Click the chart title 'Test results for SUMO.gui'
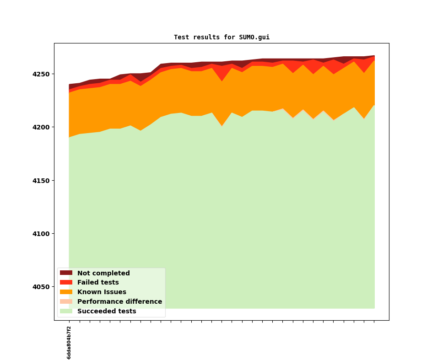point(221,38)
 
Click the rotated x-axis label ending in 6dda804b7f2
point(69,343)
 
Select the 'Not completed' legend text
point(103,273)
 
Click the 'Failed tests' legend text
point(98,283)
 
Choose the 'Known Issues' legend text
point(102,292)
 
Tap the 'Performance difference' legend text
point(119,302)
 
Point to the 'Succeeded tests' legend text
point(107,312)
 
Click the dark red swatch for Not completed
point(66,273)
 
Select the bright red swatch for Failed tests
point(66,283)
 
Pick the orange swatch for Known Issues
point(66,292)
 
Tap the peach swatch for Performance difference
point(66,302)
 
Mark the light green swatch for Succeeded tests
point(66,312)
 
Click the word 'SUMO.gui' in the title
point(254,38)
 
